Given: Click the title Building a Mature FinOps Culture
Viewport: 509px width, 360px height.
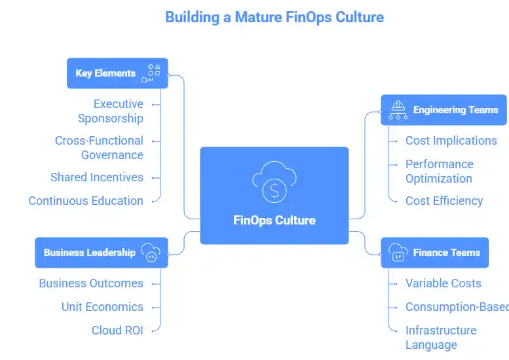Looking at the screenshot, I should point(274,17).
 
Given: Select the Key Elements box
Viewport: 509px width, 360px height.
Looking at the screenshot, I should point(117,73).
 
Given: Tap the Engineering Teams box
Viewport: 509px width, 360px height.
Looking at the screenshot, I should point(443,110).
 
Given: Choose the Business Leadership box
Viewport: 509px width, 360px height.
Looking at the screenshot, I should point(101,253).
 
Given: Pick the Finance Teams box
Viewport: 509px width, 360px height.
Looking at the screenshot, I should point(434,253).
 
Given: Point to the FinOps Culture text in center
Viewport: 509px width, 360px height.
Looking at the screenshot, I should point(274,220).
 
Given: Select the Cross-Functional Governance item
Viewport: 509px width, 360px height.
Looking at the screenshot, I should point(99,148).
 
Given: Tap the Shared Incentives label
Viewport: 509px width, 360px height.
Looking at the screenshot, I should point(97,177).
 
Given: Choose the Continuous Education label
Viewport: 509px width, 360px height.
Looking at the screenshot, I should point(86,201).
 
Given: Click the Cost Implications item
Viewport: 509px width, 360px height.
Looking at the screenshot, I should point(451,141).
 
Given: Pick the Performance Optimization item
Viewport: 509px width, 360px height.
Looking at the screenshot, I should point(439,171).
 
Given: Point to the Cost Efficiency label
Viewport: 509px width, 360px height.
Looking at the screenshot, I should point(444,201).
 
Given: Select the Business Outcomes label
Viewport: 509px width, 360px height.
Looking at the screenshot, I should point(91,283).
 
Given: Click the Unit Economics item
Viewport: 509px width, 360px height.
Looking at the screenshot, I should point(102,307).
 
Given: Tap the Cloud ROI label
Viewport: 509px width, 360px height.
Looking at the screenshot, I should point(117,331).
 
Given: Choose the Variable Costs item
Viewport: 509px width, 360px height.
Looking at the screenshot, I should point(443,283).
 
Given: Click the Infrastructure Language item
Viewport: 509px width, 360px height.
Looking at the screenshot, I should point(440,338).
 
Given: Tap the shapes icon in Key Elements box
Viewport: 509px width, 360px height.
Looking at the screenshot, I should point(152,73).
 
